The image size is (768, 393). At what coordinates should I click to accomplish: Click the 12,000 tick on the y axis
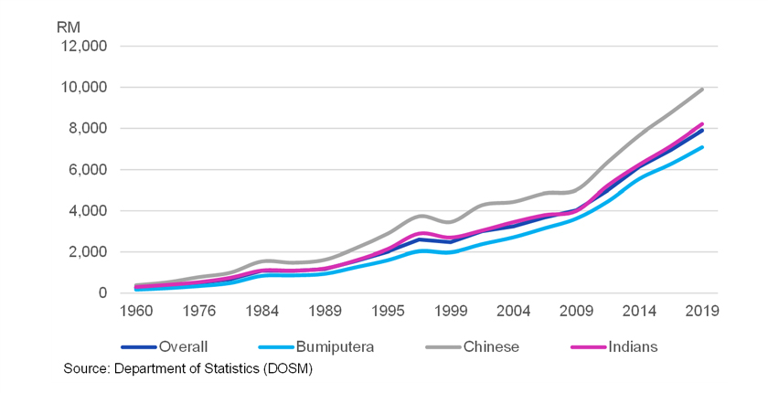[83, 47]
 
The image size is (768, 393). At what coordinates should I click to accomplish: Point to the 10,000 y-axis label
[83, 88]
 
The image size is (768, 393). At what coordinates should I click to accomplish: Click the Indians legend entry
[632, 347]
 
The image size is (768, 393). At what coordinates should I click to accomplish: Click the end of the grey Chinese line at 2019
[702, 90]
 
